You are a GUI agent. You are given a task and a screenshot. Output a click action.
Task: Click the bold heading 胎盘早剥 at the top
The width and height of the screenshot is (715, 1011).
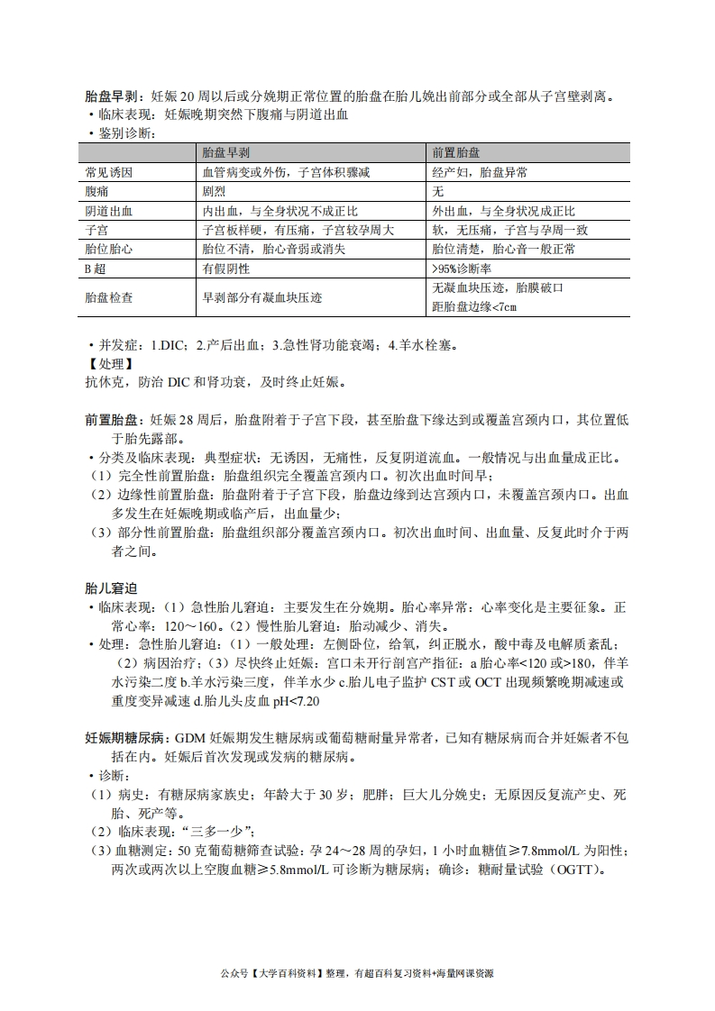click(111, 96)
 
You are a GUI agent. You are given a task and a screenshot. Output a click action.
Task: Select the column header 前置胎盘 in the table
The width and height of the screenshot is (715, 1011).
click(455, 152)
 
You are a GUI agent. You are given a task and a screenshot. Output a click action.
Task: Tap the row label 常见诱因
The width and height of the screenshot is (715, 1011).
click(108, 172)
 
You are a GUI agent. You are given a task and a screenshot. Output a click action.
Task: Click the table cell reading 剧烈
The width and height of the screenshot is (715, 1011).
click(215, 191)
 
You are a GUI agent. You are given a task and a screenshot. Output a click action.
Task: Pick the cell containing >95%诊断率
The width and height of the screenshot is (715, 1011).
click(466, 268)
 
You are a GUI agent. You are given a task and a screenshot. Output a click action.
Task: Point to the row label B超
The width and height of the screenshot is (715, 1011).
click(96, 268)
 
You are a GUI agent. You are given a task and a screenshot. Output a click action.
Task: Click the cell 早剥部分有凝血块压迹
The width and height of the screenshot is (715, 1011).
click(262, 296)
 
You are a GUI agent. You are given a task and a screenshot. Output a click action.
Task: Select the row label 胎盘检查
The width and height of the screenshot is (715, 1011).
click(108, 296)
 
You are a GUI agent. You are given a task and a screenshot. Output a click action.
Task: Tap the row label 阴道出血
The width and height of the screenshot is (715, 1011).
click(108, 211)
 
